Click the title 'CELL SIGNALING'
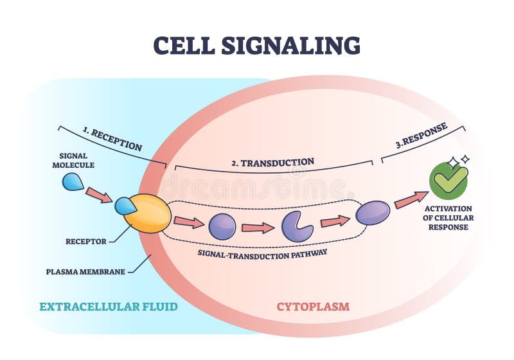(x=256, y=45)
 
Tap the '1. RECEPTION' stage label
(x=112, y=139)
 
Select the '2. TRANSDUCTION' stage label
(x=272, y=162)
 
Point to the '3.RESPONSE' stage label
(x=421, y=137)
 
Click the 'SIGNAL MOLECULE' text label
(x=76, y=160)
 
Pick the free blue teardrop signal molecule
(x=72, y=183)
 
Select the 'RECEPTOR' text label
(x=85, y=242)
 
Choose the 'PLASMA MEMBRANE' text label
(x=85, y=271)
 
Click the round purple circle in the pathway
(x=222, y=226)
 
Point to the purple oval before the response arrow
(x=373, y=213)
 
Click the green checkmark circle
(x=449, y=180)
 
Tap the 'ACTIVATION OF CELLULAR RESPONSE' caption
(x=449, y=217)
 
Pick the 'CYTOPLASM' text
(x=313, y=307)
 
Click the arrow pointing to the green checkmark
(x=411, y=200)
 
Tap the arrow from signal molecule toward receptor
(x=99, y=195)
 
